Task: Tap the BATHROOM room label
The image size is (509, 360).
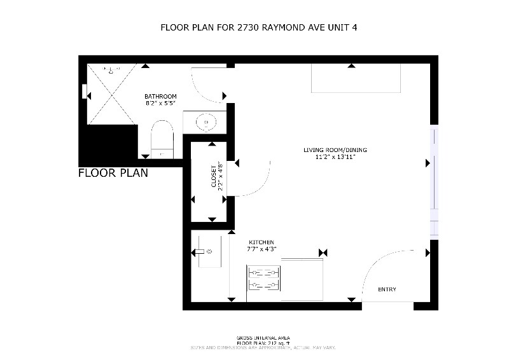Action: pos(160,96)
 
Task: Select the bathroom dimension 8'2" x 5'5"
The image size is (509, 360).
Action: pos(160,102)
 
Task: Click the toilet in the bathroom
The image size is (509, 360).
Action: pos(162,138)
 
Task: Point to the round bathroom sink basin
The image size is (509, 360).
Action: pos(206,121)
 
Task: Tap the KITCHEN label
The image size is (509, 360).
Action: pos(261,242)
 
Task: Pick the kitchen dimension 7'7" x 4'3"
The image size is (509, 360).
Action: pos(261,249)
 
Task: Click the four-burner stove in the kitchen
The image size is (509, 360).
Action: pos(263,279)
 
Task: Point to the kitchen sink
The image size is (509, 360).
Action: pos(207,252)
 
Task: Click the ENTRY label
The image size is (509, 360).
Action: pos(387,289)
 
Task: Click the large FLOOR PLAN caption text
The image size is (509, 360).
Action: pos(113,173)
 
